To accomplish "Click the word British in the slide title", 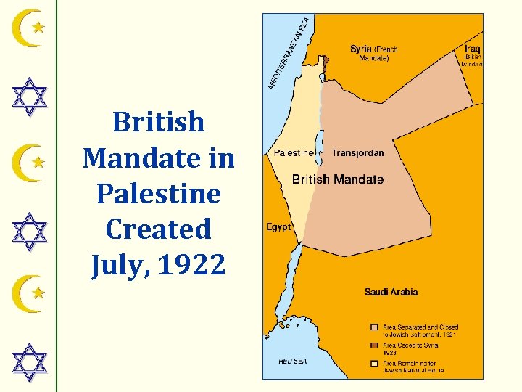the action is click(x=159, y=122).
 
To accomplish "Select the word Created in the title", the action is click(x=159, y=229).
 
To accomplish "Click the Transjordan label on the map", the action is click(x=357, y=153).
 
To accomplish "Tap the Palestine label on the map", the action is click(x=294, y=153).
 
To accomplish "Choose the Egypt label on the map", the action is click(x=278, y=227).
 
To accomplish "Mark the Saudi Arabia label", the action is click(x=391, y=293).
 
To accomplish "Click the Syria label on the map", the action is click(x=361, y=49).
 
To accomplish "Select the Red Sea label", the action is click(x=292, y=360).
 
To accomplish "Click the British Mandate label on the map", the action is click(x=337, y=179).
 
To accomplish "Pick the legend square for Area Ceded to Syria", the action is click(x=374, y=345).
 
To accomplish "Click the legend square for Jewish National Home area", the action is click(x=374, y=362).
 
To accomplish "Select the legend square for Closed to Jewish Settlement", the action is click(x=374, y=327).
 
